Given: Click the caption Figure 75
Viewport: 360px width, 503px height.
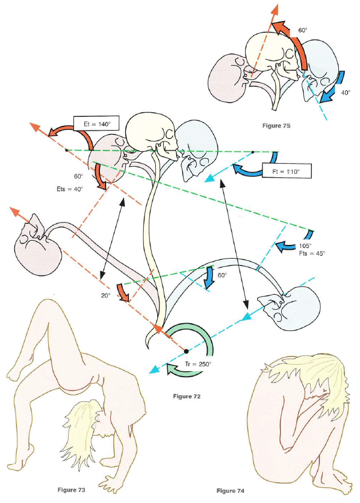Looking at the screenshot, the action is click(276, 126).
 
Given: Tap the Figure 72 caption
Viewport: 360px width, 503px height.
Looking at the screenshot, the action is click(187, 396).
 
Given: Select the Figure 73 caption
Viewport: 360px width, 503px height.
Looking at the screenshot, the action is click(71, 490).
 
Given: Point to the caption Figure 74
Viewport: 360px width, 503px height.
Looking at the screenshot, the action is click(230, 490).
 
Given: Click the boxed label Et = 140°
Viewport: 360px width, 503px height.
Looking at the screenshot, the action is click(96, 123).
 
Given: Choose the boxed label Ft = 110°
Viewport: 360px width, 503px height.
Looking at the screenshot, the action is click(287, 171).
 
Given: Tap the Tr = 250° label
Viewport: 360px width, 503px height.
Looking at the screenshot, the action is click(198, 364).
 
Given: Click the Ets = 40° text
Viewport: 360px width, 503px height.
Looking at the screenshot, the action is click(70, 189).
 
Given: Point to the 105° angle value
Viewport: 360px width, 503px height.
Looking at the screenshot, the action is click(305, 245).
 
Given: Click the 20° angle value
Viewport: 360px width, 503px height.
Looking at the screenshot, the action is click(105, 295).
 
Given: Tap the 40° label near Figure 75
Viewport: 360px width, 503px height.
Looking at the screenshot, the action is click(345, 93).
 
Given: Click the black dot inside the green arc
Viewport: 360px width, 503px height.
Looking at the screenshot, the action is click(186, 351).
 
